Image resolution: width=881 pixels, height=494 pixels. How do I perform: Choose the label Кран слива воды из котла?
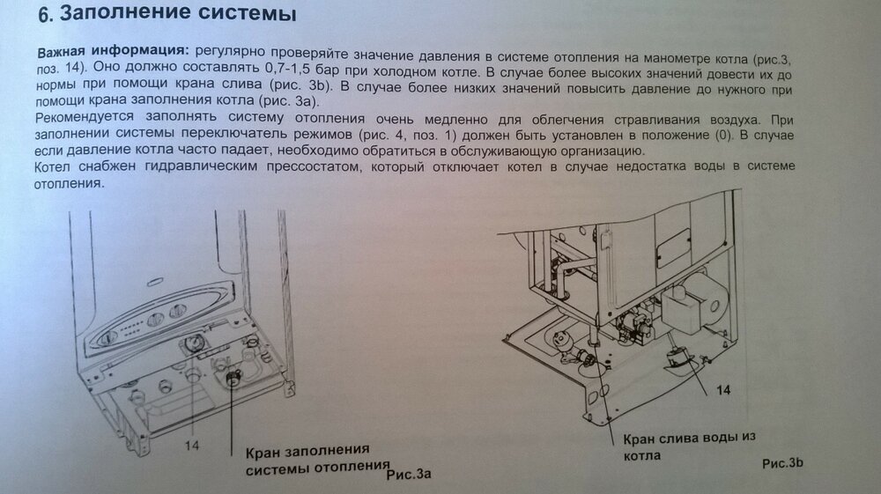click(689, 446)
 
